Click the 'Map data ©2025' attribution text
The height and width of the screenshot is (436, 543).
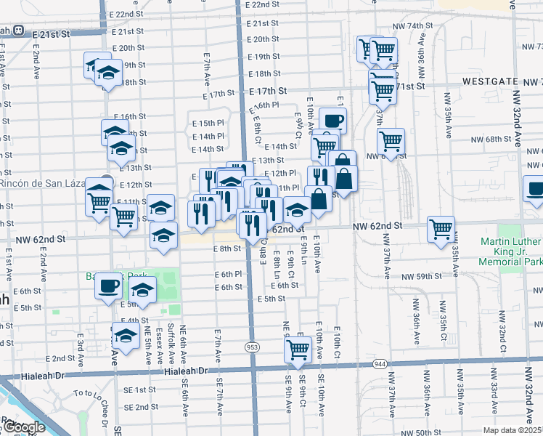[x=513, y=430]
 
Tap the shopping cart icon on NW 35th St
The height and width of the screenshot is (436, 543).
[x=441, y=229]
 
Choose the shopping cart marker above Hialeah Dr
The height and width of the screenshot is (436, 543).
[x=298, y=349]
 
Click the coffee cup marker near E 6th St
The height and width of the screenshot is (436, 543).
[x=109, y=285]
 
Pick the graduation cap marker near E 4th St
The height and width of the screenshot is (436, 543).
[x=126, y=336]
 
